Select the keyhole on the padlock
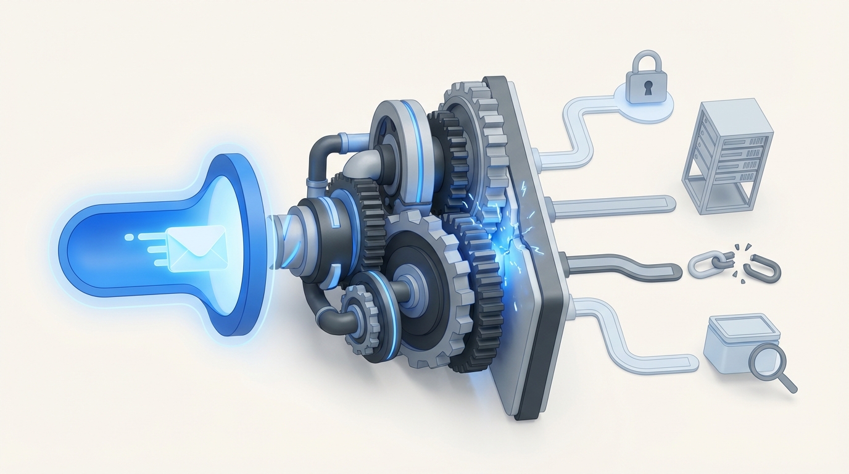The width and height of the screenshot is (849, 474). (x=646, y=89)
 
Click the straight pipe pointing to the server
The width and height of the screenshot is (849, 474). (x=617, y=204)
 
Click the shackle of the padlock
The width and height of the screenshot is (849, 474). (x=645, y=62)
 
